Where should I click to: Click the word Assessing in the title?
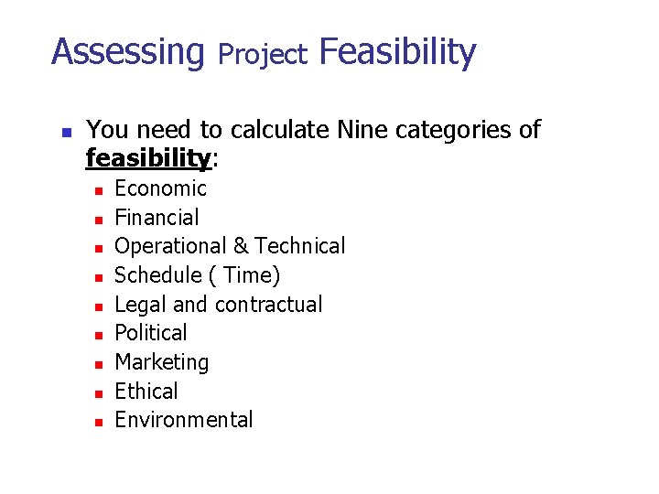(127, 52)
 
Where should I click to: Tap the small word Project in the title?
(263, 55)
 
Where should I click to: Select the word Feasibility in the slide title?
(397, 52)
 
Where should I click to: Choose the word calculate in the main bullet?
(281, 130)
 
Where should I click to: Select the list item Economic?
(160, 188)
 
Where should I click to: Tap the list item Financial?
(157, 218)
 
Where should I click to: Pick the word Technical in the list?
(300, 246)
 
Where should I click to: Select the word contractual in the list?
(269, 305)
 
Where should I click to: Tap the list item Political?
(150, 333)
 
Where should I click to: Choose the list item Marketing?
(161, 362)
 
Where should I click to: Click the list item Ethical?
(146, 392)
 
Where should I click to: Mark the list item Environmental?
(183, 420)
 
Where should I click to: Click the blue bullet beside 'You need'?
(65, 131)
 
